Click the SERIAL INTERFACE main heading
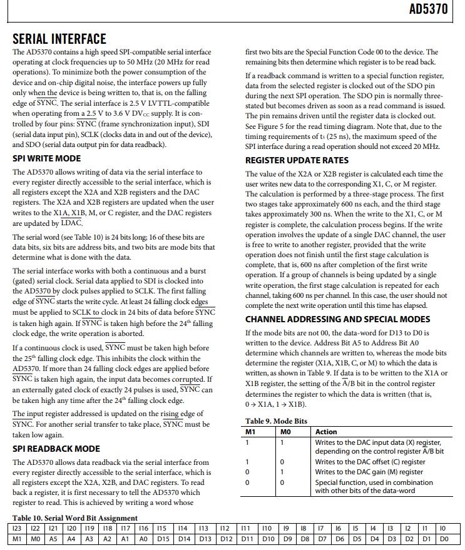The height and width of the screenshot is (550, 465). coord(59,39)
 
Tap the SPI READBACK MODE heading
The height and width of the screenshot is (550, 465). coord(56,449)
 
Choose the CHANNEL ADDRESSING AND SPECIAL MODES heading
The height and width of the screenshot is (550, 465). coord(341,319)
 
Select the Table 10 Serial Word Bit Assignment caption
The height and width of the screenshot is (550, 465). coord(75,518)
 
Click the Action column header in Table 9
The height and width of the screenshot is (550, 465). coord(326,432)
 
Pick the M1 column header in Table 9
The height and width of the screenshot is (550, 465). coord(251,432)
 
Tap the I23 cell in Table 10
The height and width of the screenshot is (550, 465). coord(18,529)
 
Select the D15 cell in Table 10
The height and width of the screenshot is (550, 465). coord(163,539)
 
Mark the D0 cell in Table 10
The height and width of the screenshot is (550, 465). coord(444,539)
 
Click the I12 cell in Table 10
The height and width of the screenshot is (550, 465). coord(225,529)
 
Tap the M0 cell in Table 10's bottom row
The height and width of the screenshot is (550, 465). coord(36,539)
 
